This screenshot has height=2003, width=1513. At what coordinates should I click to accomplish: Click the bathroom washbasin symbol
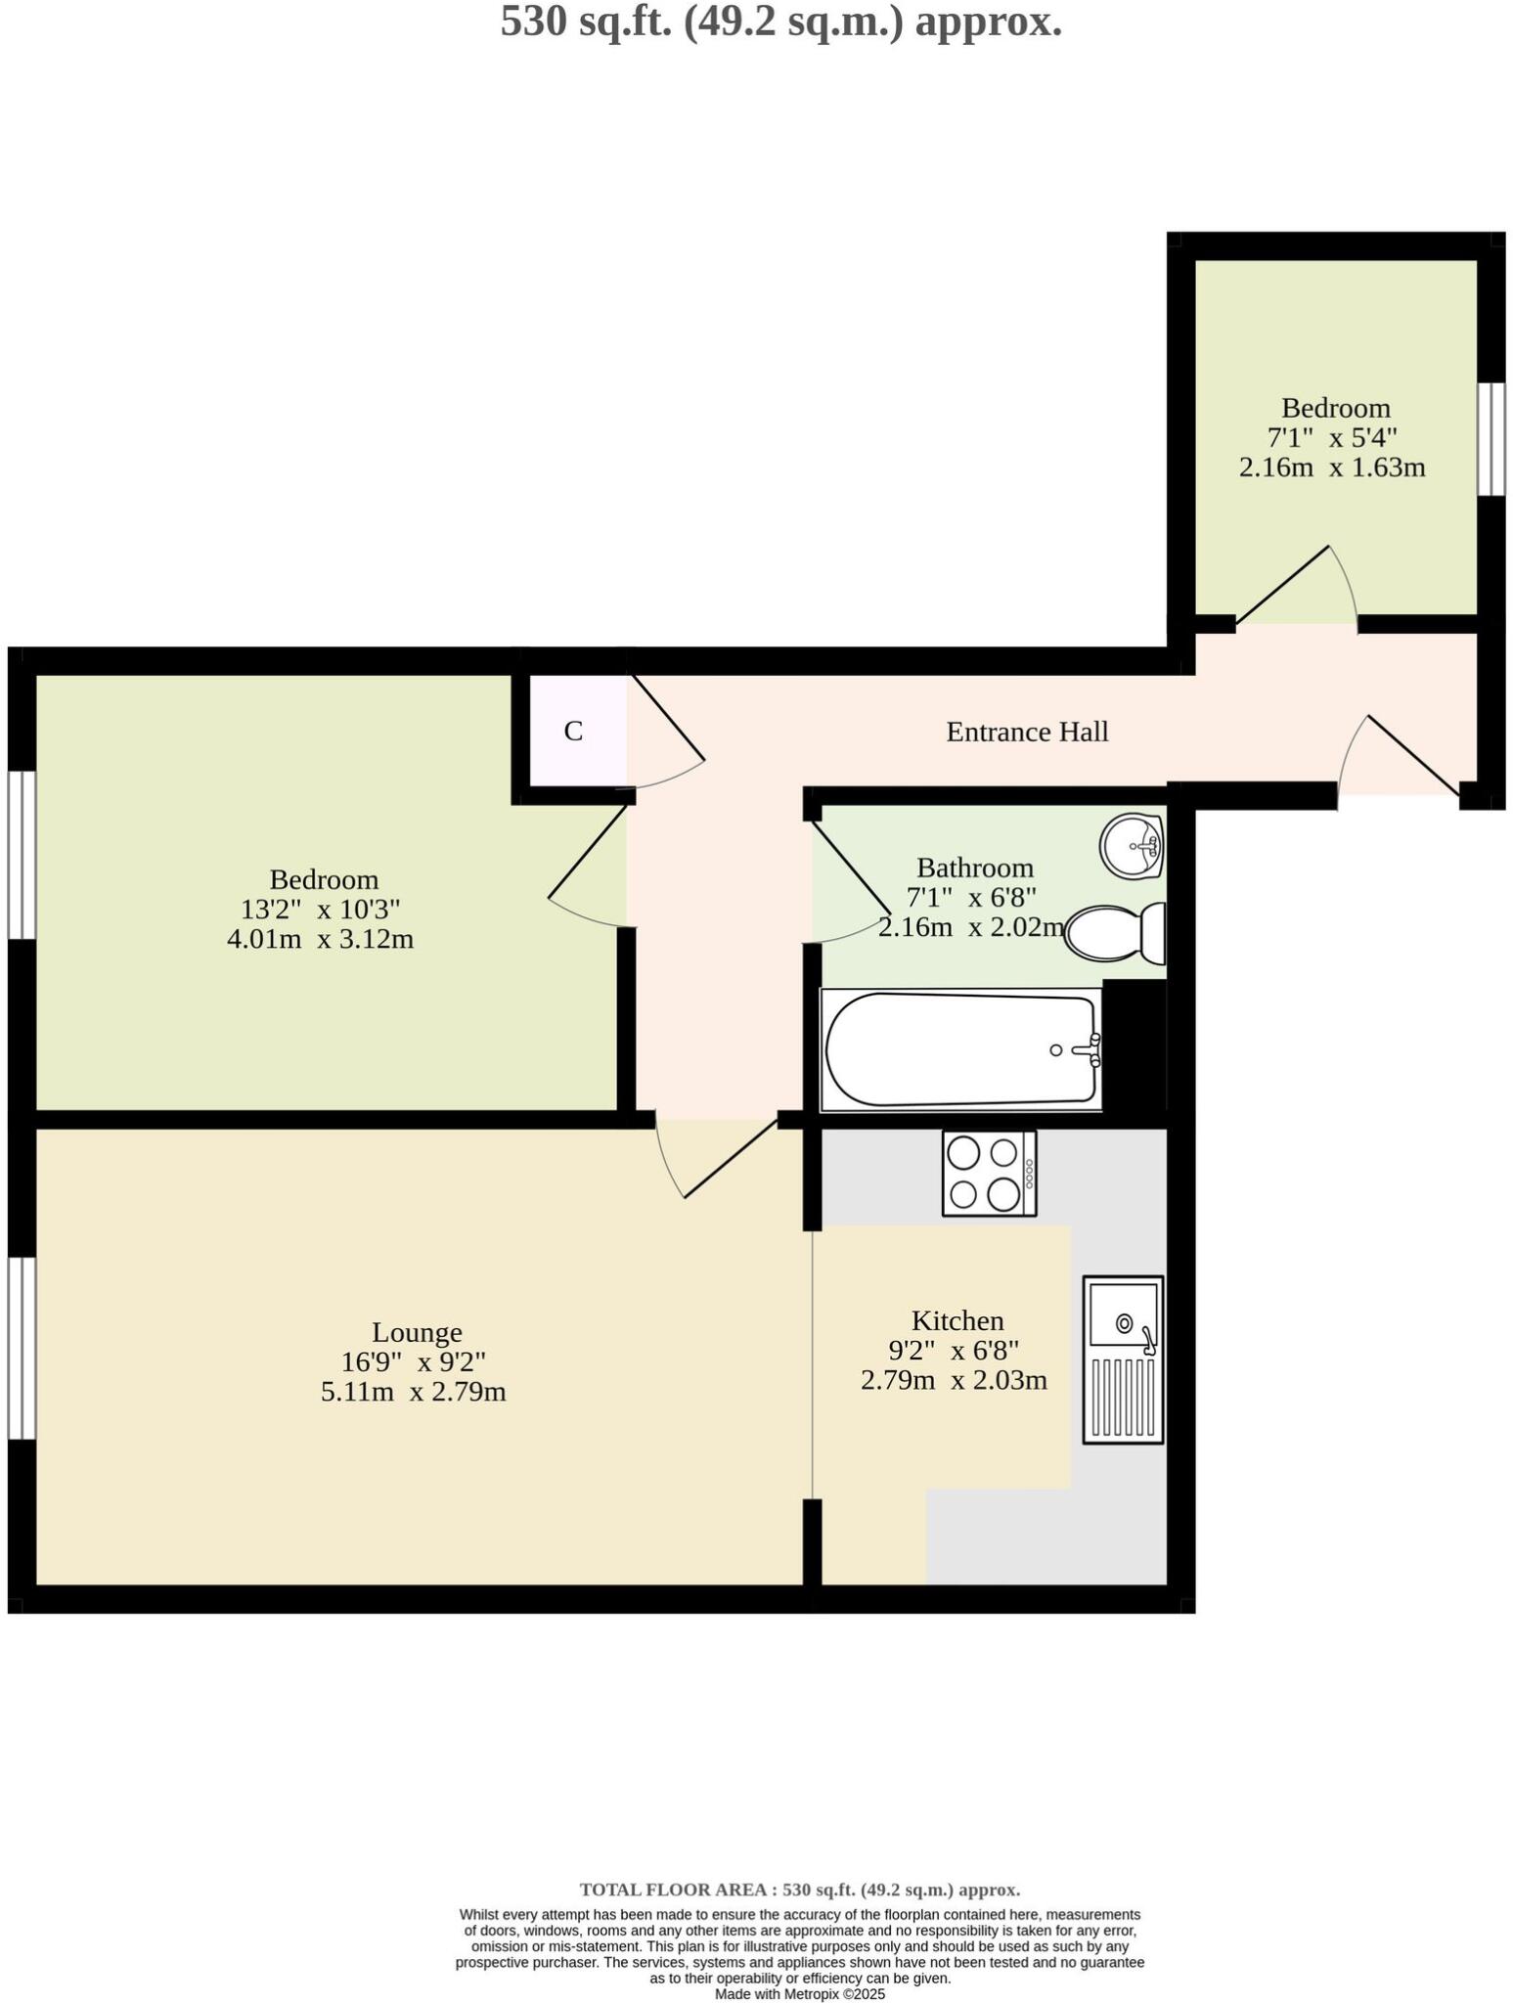click(x=1131, y=845)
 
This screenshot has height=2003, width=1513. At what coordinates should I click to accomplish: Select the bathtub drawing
click(x=960, y=1049)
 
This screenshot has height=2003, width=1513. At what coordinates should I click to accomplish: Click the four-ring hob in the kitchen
click(x=989, y=1173)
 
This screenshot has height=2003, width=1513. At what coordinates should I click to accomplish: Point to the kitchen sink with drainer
click(x=1123, y=1358)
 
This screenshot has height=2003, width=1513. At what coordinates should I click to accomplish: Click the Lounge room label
click(x=417, y=1332)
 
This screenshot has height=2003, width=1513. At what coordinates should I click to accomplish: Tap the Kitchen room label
click(x=957, y=1320)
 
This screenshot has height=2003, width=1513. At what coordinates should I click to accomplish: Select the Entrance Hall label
click(x=1027, y=732)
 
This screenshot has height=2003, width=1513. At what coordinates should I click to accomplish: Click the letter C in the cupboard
click(x=574, y=731)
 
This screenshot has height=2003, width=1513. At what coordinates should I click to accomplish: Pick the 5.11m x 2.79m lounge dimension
click(x=414, y=1392)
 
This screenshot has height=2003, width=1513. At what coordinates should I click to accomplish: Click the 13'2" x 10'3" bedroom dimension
click(x=321, y=910)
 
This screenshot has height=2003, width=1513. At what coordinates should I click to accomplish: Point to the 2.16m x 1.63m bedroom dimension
click(x=1332, y=467)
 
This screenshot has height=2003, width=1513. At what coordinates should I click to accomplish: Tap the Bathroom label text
click(x=975, y=868)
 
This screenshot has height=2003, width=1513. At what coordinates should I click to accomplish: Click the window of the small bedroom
click(x=1491, y=439)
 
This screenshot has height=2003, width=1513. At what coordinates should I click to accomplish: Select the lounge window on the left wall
click(x=22, y=1347)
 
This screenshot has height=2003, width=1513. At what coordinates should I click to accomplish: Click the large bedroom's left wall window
click(x=22, y=855)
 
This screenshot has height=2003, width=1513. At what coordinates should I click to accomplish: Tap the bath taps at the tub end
click(x=1086, y=1050)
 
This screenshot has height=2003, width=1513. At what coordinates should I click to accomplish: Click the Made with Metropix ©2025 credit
click(x=800, y=1993)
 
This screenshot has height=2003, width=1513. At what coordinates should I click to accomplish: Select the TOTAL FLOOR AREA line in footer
click(x=800, y=1890)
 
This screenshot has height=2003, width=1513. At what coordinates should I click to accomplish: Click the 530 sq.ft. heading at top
click(x=780, y=22)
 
